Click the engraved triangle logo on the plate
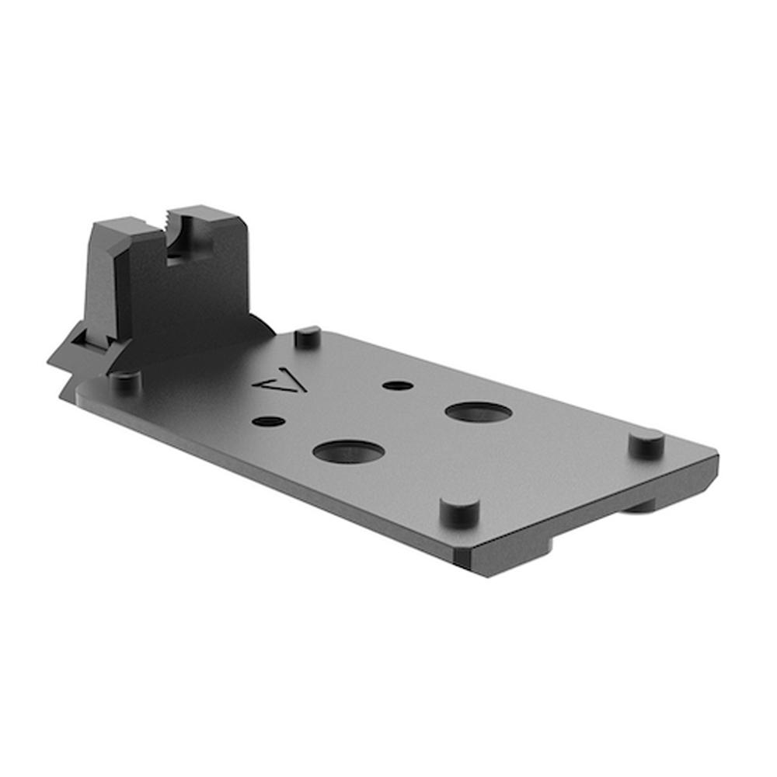(281, 382)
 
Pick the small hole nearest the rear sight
(268, 421)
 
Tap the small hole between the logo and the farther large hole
(398, 385)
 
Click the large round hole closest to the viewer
(347, 451)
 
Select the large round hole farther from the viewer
(479, 412)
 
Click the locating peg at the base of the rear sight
(124, 381)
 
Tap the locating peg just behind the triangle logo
(308, 336)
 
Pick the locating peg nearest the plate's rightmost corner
(646, 443)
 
